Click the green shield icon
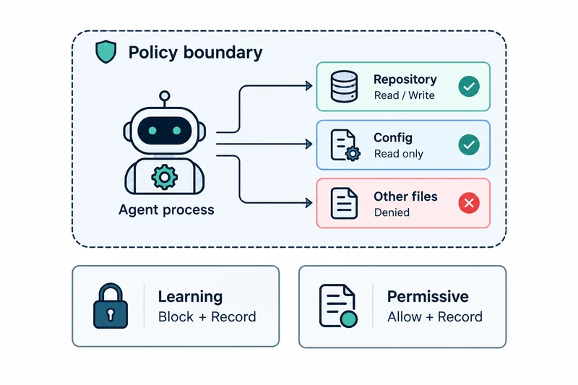click(105, 51)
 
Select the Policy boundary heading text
click(195, 52)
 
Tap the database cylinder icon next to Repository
click(344, 87)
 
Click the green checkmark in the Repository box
click(469, 87)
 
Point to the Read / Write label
click(404, 95)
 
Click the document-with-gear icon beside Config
click(345, 144)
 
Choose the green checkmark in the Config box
click(469, 144)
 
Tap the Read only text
click(399, 154)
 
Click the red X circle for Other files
click(469, 203)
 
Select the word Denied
click(392, 212)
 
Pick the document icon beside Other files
click(344, 204)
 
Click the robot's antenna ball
click(165, 96)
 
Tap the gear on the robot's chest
click(165, 177)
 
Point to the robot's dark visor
click(165, 131)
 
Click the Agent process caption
click(166, 210)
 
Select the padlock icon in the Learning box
click(111, 306)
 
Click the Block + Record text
click(207, 317)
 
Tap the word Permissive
click(428, 297)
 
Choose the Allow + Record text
click(435, 317)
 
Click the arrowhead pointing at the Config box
click(309, 144)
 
